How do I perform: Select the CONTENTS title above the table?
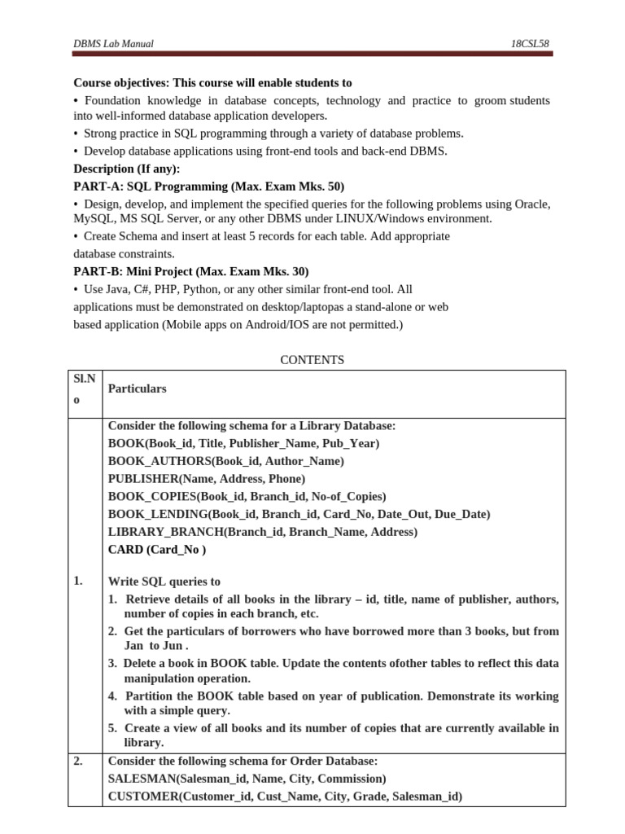312,359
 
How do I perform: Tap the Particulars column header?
137,388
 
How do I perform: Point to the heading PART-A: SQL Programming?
209,187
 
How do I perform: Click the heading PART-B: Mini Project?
191,271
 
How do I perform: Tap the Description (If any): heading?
127,169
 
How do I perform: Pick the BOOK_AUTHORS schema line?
225,461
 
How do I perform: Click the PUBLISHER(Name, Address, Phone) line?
207,479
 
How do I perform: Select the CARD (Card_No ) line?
157,550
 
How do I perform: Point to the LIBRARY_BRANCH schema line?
262,532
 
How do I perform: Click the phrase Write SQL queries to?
164,582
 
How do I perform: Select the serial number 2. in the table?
78,762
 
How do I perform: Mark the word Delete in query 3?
142,663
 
